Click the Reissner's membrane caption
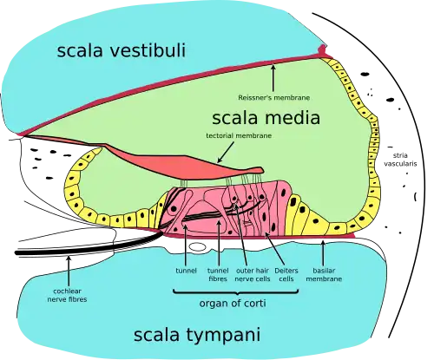pos(274,99)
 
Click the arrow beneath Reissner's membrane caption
pos(274,80)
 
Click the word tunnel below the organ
pos(187,270)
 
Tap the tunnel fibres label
pos(219,274)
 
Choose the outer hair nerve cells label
pos(252,274)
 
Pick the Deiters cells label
pos(286,274)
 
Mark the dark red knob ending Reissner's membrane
pos(325,52)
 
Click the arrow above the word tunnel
pos(187,247)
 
